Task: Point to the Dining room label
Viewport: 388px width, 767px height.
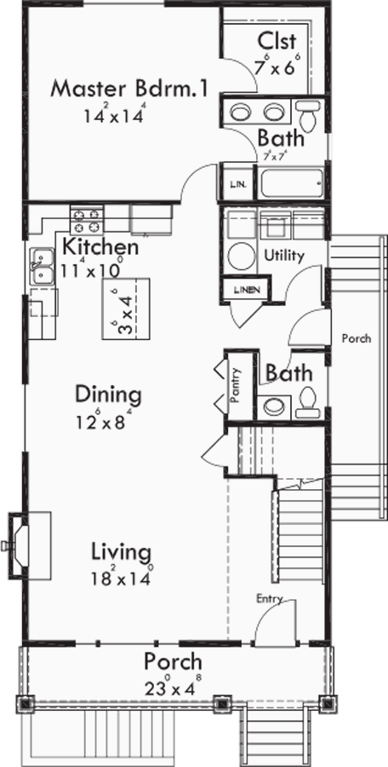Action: coord(107,395)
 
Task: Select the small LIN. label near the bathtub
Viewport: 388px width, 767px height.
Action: coord(236,184)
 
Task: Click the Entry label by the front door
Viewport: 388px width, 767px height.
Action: coord(269,599)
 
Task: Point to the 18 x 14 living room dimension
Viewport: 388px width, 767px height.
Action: coord(123,575)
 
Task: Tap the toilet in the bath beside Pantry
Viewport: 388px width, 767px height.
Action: coord(308,401)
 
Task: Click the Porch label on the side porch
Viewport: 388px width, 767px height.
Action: coord(356,338)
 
